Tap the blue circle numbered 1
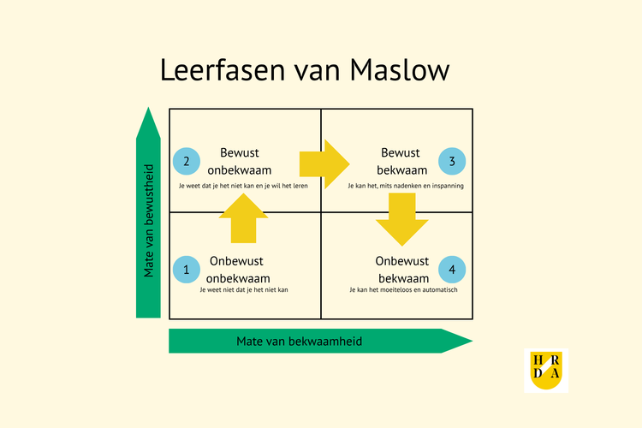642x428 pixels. pos(186,270)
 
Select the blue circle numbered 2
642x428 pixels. pos(186,161)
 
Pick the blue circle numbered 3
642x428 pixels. pos(452,161)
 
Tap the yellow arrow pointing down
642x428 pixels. pos(401,218)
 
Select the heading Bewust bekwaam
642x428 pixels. pos(400,161)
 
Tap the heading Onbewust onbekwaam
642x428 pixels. pos(239,270)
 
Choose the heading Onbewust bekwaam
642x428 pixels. pos(401,270)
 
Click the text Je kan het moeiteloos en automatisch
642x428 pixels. pos(403,290)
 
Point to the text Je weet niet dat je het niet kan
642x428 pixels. pos(243,290)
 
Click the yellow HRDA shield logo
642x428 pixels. pos(545,370)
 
